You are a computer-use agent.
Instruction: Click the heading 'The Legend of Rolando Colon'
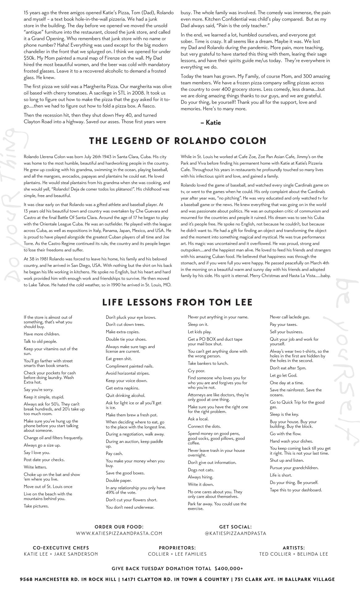click(178, 141)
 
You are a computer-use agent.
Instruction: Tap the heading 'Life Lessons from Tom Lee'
click(178, 302)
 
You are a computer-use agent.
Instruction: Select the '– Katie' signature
click(211, 123)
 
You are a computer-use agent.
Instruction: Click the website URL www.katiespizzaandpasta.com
click(119, 533)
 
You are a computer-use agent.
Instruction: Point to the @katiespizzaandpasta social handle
click(235, 533)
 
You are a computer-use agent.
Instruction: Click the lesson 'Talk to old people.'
click(40, 341)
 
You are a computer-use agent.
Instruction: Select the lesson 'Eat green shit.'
click(119, 359)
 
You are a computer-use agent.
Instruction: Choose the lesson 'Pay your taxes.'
click(283, 324)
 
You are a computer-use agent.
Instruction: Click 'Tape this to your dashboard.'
click(296, 490)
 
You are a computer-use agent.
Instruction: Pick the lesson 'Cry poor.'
click(196, 371)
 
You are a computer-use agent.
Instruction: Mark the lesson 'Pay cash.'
click(114, 453)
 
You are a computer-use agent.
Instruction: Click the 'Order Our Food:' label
click(119, 527)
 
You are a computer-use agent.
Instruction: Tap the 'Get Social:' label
click(235, 527)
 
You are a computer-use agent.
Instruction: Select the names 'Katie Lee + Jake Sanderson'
click(61, 554)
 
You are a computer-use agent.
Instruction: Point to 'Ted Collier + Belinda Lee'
click(294, 554)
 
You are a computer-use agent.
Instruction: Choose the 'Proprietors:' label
click(177, 548)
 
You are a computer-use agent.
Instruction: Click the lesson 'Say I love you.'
click(37, 452)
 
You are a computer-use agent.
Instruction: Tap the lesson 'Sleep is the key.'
click(284, 414)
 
